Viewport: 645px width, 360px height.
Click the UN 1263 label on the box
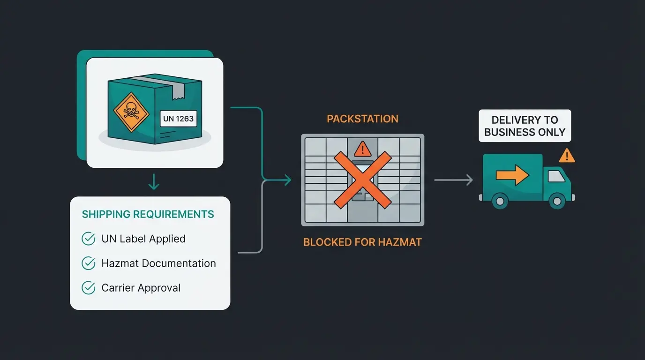coord(178,119)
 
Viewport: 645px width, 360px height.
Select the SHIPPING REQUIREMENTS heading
coord(148,214)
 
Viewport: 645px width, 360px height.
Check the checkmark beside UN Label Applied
coord(89,239)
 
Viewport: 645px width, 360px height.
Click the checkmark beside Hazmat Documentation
coord(89,263)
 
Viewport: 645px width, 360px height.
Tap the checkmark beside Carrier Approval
coord(89,288)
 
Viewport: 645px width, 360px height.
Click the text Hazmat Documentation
coord(158,263)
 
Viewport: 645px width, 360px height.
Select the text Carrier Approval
coord(141,288)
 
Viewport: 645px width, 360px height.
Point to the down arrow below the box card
coord(154,182)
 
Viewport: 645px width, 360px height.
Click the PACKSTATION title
coord(362,119)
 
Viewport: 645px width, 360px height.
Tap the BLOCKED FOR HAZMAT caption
coord(362,242)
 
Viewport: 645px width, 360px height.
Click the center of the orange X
coord(362,180)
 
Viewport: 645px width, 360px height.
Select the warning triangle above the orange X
coord(362,150)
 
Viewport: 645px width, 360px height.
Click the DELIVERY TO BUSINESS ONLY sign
coord(525,126)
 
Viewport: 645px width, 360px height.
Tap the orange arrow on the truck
coord(512,175)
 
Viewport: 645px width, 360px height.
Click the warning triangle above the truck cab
coord(567,155)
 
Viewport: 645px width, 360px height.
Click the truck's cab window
coord(556,176)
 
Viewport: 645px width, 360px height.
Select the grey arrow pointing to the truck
coord(453,180)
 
